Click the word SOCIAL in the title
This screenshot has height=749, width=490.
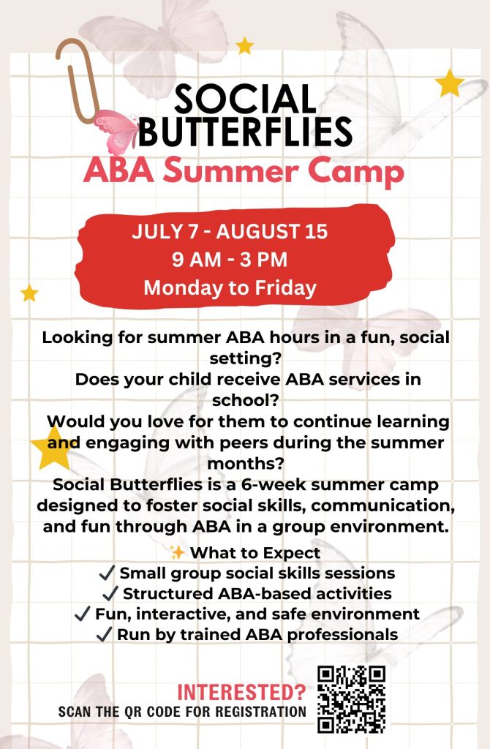[x=245, y=99]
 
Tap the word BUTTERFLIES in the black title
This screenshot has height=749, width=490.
[x=245, y=132]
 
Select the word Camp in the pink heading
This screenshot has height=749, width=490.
[x=355, y=173]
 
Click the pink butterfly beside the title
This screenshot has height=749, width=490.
[x=116, y=131]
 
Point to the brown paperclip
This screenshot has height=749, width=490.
[x=75, y=80]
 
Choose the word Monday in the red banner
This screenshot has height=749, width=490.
[x=181, y=288]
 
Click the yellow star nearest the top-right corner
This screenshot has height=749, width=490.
[x=449, y=83]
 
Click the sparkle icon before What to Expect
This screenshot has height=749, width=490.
[x=177, y=553]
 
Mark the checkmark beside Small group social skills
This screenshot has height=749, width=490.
[x=107, y=573]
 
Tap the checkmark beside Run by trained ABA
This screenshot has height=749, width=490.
[x=104, y=634]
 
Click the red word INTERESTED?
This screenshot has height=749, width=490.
[x=241, y=692]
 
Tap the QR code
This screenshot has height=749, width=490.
[x=352, y=700]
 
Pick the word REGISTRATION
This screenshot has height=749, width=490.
[x=260, y=712]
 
